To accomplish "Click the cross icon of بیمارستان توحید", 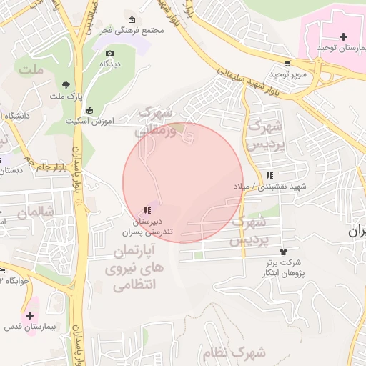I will (x=344, y=36).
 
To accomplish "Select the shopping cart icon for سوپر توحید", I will (x=287, y=64).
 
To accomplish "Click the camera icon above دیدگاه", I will (x=109, y=53).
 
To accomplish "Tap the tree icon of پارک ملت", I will (x=66, y=84).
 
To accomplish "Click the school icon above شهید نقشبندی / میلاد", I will (x=269, y=175).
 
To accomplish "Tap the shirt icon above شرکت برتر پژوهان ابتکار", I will (x=284, y=252).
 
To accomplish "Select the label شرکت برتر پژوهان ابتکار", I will (x=285, y=268).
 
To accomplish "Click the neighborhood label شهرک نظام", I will (x=239, y=352).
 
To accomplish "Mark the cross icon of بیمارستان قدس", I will (x=30, y=315).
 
